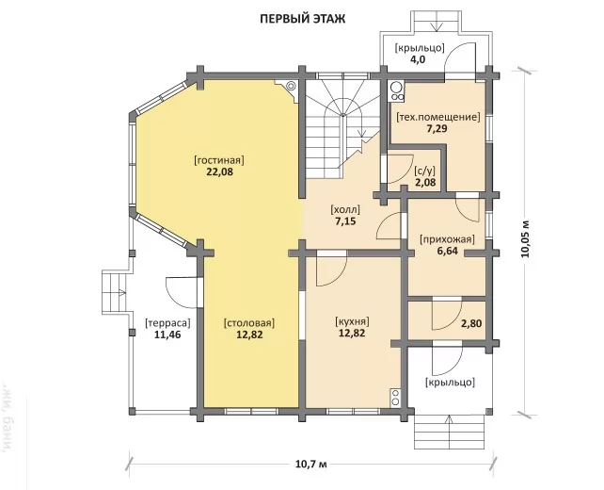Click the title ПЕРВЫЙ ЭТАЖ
pos(303,19)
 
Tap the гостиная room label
pos(219,160)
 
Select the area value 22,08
pos(220,172)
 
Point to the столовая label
pos(249,323)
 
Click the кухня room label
pos(353,321)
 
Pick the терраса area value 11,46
pos(167,335)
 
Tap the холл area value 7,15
pos(345,221)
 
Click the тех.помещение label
pos(438,117)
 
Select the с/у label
pos(425,171)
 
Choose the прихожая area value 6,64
pos(447,252)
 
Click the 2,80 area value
pos(471,323)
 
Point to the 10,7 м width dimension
pos(311,464)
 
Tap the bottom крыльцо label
pos(450,383)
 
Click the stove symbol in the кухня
pos(395,398)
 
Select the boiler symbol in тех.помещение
pos(396,91)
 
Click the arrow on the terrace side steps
pos(122,292)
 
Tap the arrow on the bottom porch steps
pos(449,424)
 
